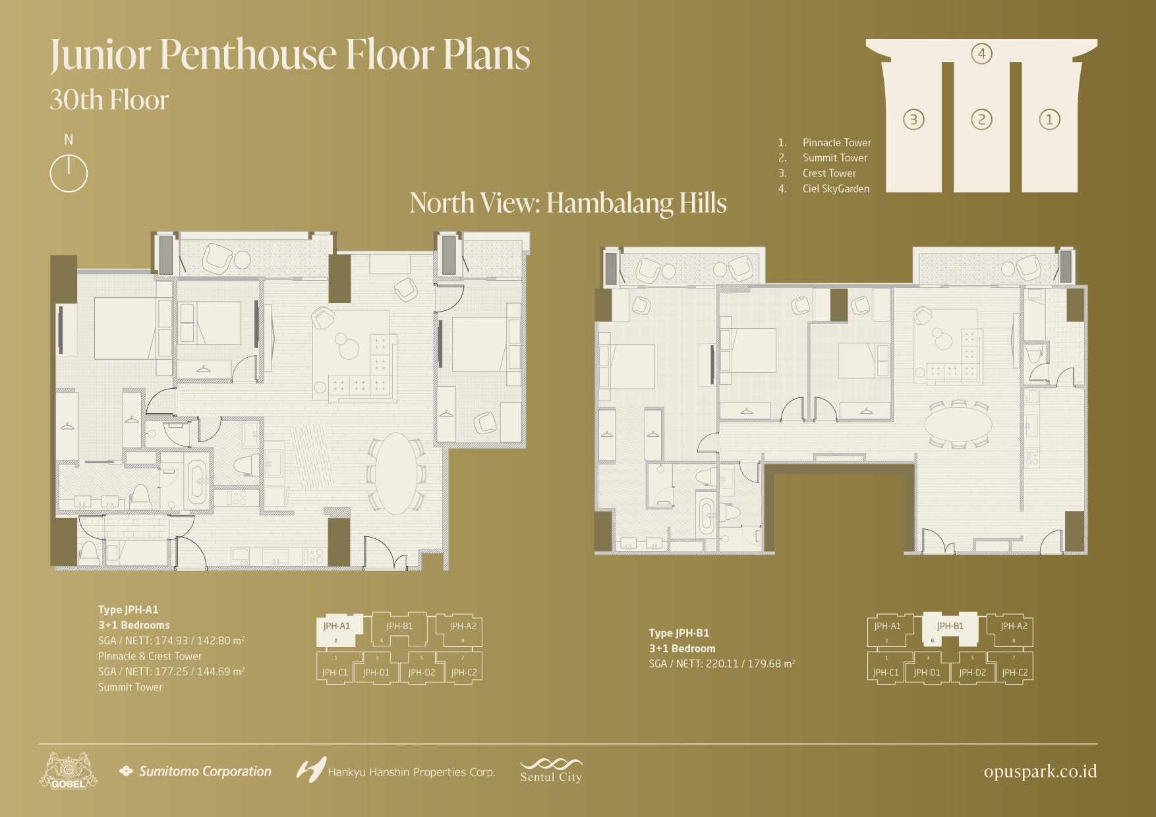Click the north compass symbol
[69, 173]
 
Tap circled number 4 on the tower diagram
[981, 53]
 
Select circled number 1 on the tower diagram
[1049, 119]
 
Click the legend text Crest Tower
[829, 173]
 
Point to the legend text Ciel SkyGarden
[836, 189]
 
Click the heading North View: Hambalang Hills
[567, 203]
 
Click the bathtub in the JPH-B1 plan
[707, 519]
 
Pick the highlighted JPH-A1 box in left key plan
[337, 629]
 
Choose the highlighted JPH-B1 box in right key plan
[950, 629]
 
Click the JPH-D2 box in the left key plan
[421, 671]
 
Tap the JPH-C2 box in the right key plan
[1014, 671]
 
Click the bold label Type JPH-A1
[129, 610]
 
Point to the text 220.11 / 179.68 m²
[750, 664]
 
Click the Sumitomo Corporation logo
[195, 772]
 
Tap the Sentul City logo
[551, 771]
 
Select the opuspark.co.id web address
[1040, 772]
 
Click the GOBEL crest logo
[68, 772]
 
